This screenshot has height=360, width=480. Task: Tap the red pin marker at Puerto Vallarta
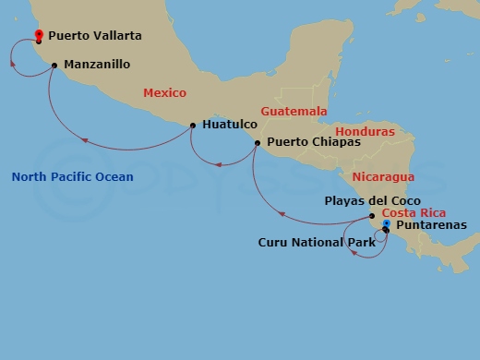[x=39, y=36]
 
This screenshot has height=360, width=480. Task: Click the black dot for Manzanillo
[x=55, y=65]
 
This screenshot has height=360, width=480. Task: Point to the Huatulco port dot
[x=192, y=125]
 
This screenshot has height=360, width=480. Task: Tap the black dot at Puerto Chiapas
[x=258, y=142]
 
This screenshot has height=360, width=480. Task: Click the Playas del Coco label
[x=373, y=200]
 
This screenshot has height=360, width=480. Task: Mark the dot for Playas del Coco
[x=372, y=216]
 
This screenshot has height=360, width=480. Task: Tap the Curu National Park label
[x=316, y=243]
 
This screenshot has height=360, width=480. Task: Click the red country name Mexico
[x=164, y=93]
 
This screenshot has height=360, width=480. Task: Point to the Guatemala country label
[x=294, y=111]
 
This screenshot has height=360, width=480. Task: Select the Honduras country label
[x=365, y=132]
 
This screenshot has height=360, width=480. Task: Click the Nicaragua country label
[x=383, y=176]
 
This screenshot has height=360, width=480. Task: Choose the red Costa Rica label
[x=408, y=212]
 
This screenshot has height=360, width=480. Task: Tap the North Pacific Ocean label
[x=72, y=177]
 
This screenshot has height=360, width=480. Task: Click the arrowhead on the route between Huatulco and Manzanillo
[x=84, y=142]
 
